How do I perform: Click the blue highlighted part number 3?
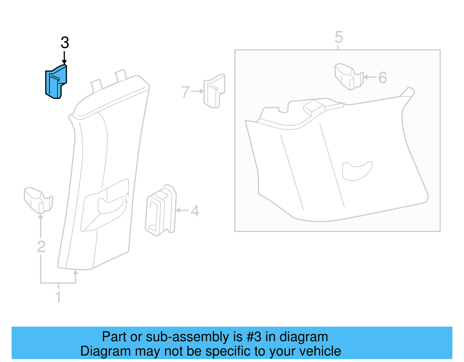click(x=56, y=82)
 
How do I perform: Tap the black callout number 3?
click(x=65, y=43)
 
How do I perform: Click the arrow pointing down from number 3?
click(x=64, y=57)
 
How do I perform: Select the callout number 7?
click(x=185, y=92)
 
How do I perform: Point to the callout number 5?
click(x=338, y=37)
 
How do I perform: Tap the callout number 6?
click(x=383, y=78)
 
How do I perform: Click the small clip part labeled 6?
click(x=348, y=77)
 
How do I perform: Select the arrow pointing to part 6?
click(x=370, y=77)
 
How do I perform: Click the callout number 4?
click(x=195, y=211)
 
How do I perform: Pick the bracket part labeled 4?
click(x=160, y=210)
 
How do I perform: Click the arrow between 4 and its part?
click(x=182, y=210)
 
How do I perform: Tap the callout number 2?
click(x=41, y=247)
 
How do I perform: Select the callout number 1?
click(x=58, y=297)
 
